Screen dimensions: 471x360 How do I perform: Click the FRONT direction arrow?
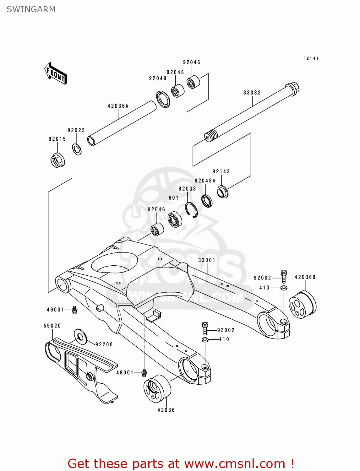tap(56, 73)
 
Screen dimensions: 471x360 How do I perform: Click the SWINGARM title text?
tap(31, 9)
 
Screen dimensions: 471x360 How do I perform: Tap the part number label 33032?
tap(252, 93)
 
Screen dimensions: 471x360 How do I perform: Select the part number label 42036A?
tap(118, 106)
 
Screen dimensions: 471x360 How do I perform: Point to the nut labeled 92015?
tap(57, 160)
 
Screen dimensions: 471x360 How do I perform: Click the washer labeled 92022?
tap(77, 149)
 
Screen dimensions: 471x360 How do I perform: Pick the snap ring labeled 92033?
tap(191, 210)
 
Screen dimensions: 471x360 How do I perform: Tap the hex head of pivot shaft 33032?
tap(292, 88)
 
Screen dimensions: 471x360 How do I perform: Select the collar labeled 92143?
tap(223, 192)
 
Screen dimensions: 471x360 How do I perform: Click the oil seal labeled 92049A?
tap(207, 201)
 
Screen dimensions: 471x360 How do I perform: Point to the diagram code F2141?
tap(311, 58)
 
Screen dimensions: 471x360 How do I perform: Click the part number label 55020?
tap(52, 326)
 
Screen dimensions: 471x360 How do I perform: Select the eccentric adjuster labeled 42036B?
tap(302, 305)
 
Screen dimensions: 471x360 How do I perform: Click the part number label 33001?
tap(207, 260)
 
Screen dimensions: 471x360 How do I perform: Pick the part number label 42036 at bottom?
tap(166, 410)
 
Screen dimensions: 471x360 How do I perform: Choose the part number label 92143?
tap(221, 171)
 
